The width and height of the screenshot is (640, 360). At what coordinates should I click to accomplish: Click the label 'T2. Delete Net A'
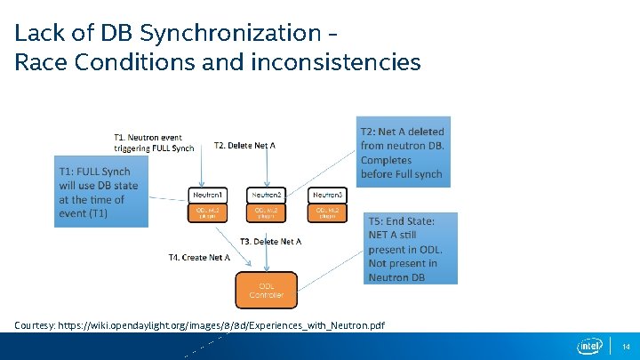(245, 146)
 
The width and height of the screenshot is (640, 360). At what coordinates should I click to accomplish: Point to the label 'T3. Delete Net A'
(271, 242)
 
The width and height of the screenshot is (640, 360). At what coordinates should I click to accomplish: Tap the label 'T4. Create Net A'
(199, 258)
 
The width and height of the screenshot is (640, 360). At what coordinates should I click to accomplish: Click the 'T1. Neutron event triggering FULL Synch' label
(153, 143)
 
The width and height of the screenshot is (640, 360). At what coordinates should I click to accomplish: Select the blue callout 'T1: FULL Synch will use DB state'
(100, 192)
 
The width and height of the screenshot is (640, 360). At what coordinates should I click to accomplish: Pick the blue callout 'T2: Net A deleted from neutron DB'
(403, 152)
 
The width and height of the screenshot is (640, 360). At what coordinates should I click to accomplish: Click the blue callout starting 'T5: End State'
(412, 248)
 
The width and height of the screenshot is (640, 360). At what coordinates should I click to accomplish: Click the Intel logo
(588, 346)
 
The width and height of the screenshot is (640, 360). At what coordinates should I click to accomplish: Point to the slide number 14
(626, 347)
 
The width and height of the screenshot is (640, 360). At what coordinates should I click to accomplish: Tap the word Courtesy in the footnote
(34, 326)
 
